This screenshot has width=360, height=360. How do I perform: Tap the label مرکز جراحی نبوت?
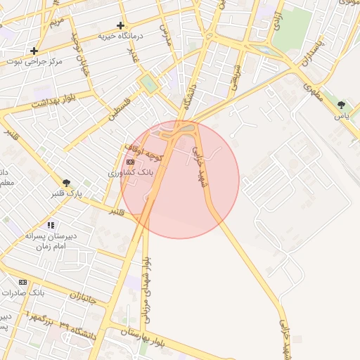[x=33, y=61]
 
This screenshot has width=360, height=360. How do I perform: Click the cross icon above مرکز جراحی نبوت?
[x=34, y=51]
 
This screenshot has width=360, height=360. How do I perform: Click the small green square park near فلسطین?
[x=148, y=84]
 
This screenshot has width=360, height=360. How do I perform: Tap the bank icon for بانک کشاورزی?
[x=130, y=162]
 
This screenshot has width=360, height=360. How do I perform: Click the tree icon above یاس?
[x=341, y=105]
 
